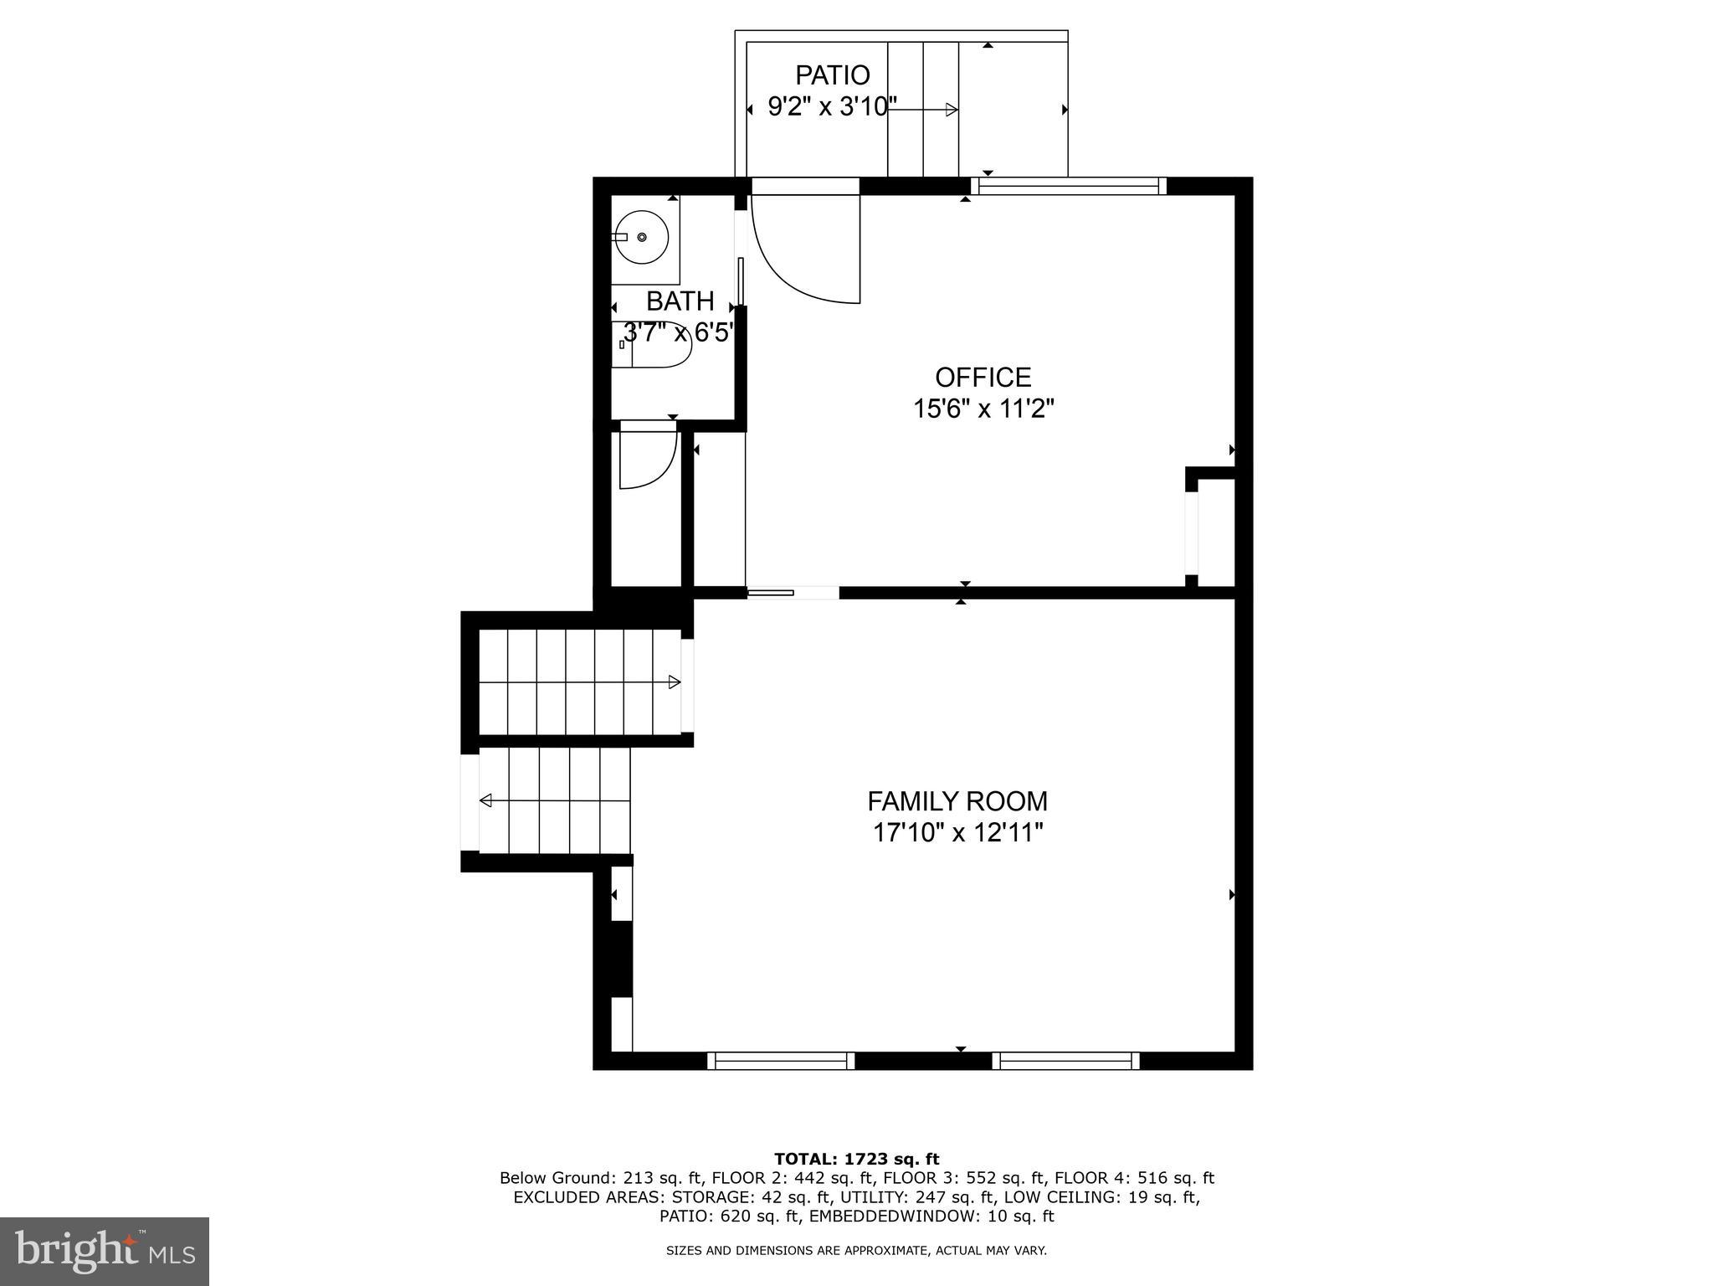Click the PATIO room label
coord(832,75)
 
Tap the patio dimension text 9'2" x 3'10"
coord(832,108)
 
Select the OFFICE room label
coord(983,377)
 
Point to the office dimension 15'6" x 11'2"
coord(983,409)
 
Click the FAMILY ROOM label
coord(957,801)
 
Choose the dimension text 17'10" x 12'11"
coord(957,833)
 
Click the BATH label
coord(680,301)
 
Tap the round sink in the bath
coord(642,238)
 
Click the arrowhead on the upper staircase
coord(674,682)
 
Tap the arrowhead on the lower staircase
coord(485,801)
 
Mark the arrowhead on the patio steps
coord(951,110)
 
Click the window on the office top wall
coord(1068,186)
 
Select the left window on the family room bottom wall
coord(781,1061)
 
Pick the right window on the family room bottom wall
coord(1065,1061)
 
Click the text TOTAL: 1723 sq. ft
coord(856,1159)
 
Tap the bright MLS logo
coord(105,1251)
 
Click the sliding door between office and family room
coord(792,593)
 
